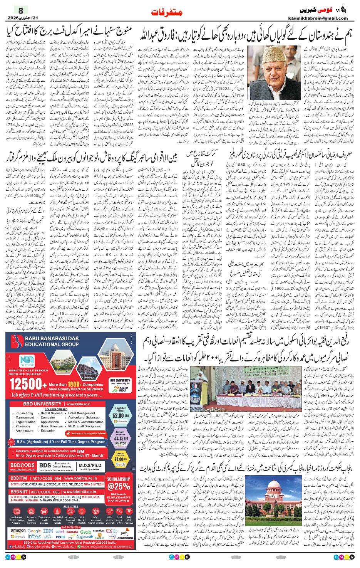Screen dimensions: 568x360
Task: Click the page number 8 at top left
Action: tap(21, 11)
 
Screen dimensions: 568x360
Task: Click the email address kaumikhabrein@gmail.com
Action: tap(318, 18)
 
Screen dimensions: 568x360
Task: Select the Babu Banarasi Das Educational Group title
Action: tap(52, 341)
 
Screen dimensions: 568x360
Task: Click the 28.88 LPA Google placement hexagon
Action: tap(120, 460)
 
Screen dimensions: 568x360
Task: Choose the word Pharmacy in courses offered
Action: tap(23, 426)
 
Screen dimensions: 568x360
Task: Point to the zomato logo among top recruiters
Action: tap(72, 532)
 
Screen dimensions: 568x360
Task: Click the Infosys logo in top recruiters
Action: tap(34, 536)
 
